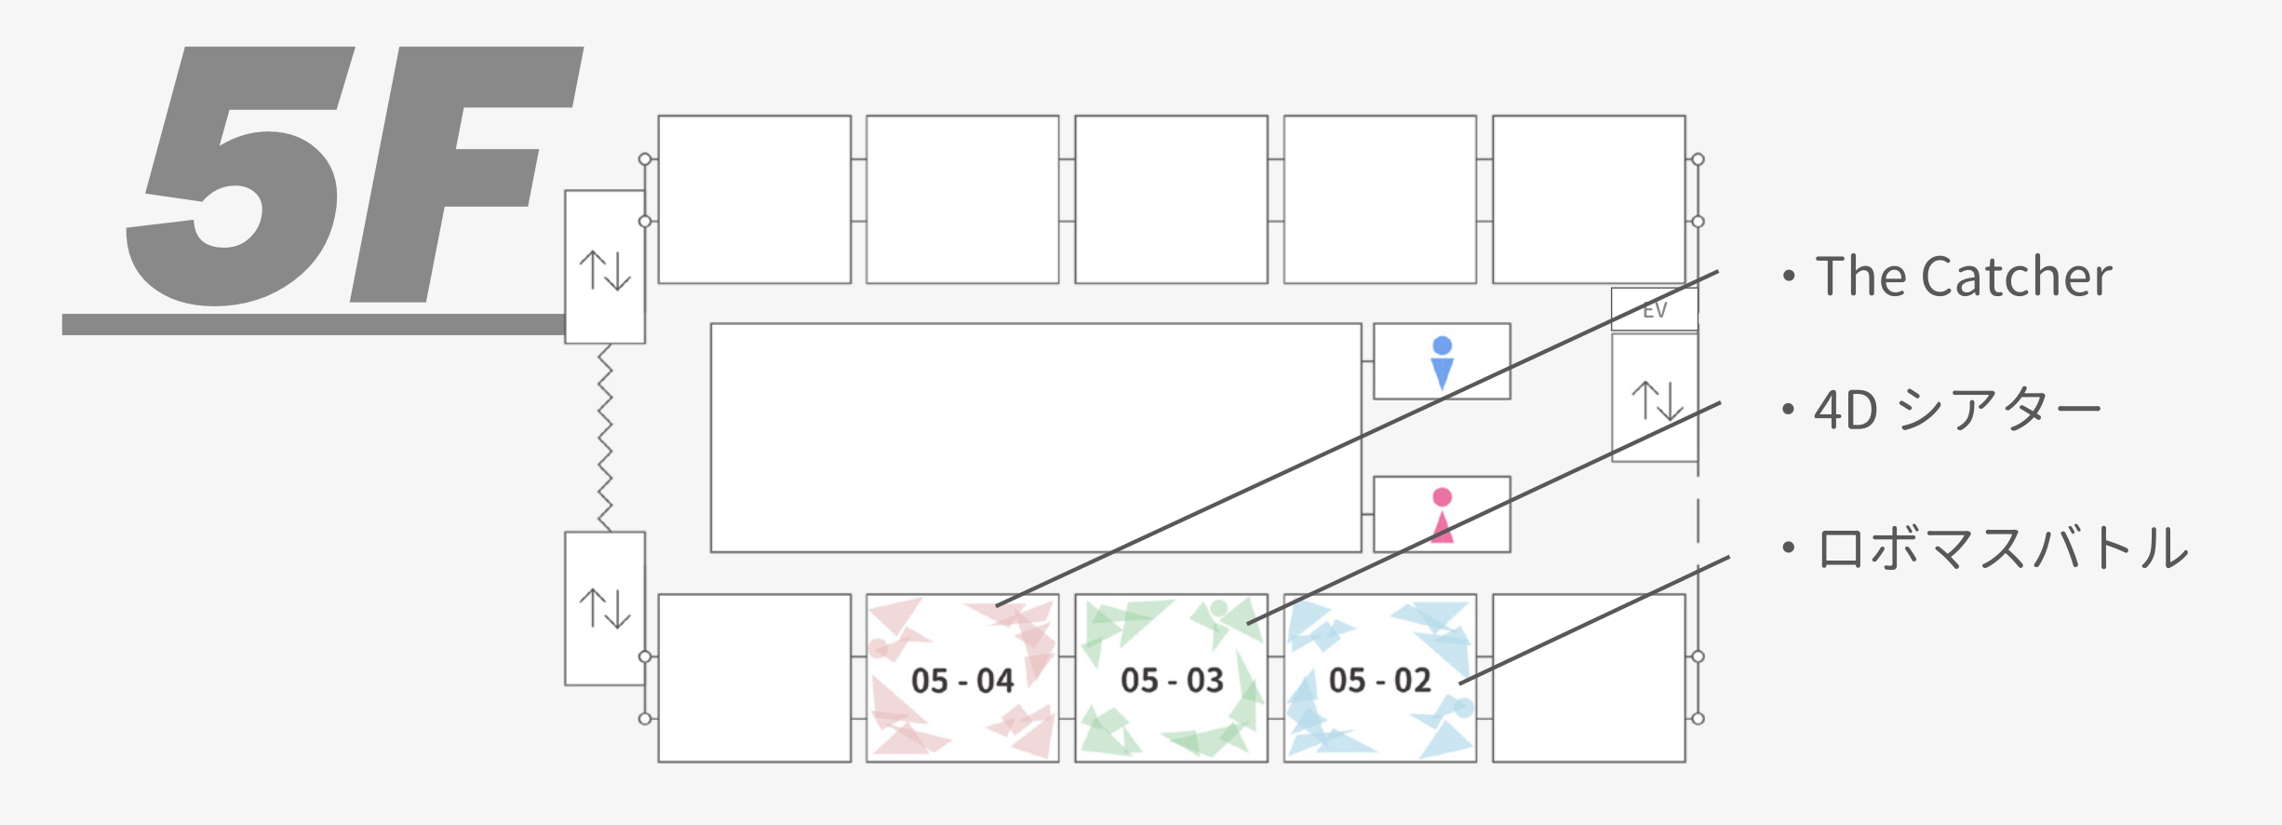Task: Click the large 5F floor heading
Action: coord(354,177)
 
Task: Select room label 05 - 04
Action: coord(962,681)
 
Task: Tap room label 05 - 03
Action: coord(1172,681)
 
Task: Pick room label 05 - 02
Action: coord(1380,681)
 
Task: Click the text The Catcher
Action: coord(1963,277)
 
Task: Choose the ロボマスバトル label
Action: coord(2002,548)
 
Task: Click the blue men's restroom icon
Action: coord(1442,362)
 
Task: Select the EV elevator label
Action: coord(1654,310)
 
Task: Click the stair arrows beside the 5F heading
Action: coord(605,270)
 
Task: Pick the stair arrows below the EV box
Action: coord(1657,400)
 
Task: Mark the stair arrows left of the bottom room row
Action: coord(605,608)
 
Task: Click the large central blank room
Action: coord(1036,438)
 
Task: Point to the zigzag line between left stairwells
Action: coord(605,438)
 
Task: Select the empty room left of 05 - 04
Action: coord(754,678)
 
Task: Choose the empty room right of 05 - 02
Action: coord(1589,678)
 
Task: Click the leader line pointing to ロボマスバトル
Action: coord(1593,621)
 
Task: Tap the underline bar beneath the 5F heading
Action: coord(313,324)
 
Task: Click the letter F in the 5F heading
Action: coord(465,177)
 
